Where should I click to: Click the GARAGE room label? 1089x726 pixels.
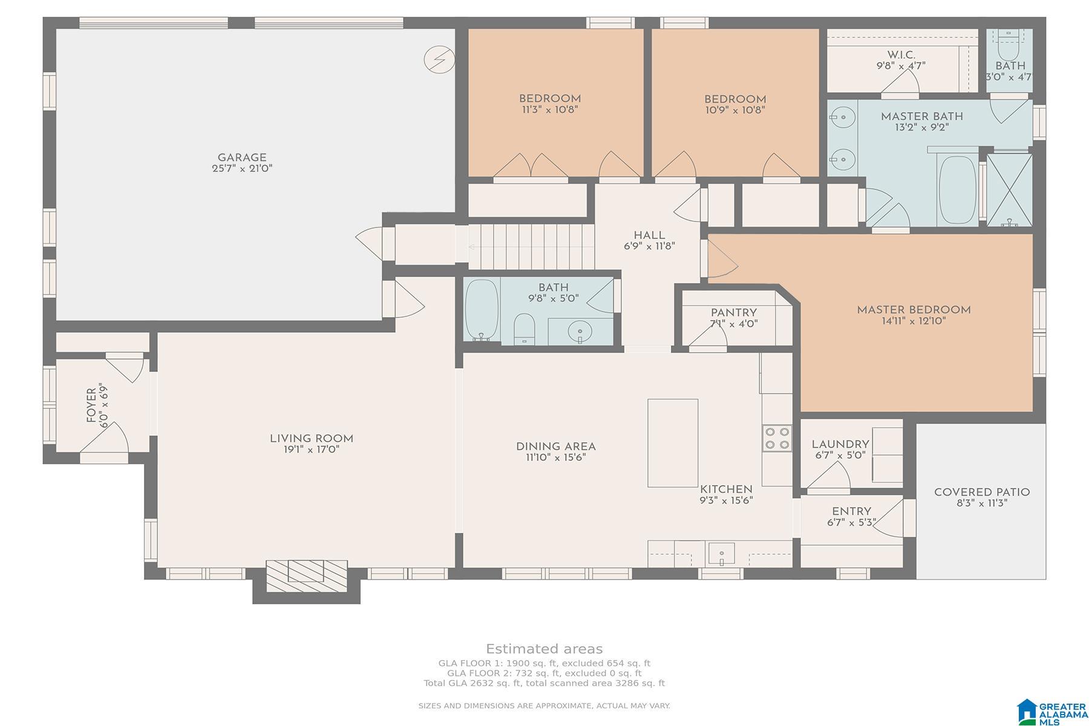[x=242, y=158]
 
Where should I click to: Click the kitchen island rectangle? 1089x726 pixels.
[x=673, y=443]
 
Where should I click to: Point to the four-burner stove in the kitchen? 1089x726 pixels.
[x=777, y=438]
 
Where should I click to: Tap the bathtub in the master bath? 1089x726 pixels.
[x=957, y=190]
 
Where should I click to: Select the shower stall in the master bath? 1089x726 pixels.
[x=1009, y=190]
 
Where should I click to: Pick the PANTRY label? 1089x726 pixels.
[x=734, y=313]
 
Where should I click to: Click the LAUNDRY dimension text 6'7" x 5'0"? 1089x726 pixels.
[x=840, y=455]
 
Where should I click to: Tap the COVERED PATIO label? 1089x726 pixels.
[x=982, y=492]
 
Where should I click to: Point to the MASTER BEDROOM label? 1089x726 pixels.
[x=914, y=310]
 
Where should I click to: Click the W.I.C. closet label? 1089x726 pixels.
[x=901, y=55]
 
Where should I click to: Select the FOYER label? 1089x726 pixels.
[x=91, y=405]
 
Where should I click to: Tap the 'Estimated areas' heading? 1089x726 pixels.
[x=544, y=649]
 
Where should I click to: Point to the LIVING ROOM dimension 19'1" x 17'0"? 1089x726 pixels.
[x=312, y=450]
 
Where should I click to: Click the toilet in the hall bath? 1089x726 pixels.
[x=524, y=329]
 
